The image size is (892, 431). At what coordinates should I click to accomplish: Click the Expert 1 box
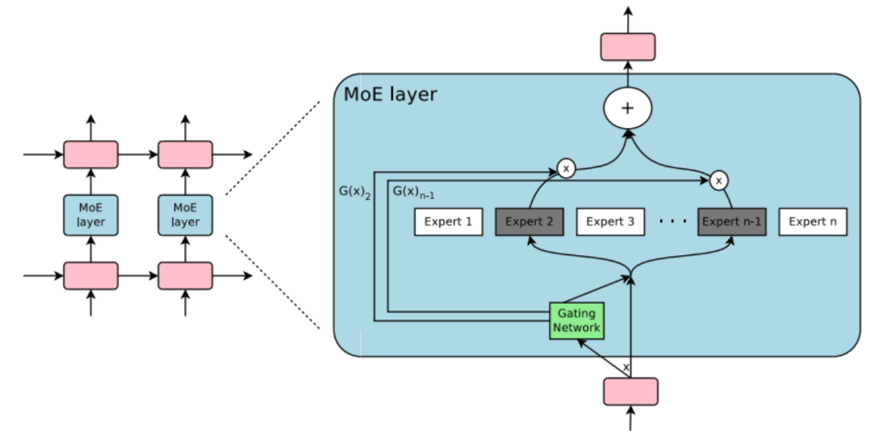448,222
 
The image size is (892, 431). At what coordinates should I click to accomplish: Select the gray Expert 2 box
529,222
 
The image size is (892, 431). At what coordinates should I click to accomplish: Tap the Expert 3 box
610,222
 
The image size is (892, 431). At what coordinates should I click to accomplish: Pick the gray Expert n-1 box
731,222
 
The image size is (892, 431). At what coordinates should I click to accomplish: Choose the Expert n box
813,222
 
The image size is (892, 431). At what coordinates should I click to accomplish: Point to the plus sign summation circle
628,108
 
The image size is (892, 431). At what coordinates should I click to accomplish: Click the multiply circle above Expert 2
566,168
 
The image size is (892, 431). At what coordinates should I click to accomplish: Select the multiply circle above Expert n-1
719,179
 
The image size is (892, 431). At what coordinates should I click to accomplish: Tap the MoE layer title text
390,94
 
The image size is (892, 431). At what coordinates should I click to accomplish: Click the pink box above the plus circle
628,47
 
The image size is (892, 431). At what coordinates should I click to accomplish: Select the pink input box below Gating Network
631,391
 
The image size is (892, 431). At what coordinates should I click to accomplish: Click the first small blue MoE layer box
90,215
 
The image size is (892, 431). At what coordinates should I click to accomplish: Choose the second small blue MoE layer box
185,215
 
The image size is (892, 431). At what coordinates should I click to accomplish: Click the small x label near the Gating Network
625,366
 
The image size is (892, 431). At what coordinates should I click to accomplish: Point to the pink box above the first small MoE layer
90,154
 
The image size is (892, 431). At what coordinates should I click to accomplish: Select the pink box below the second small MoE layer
185,276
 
